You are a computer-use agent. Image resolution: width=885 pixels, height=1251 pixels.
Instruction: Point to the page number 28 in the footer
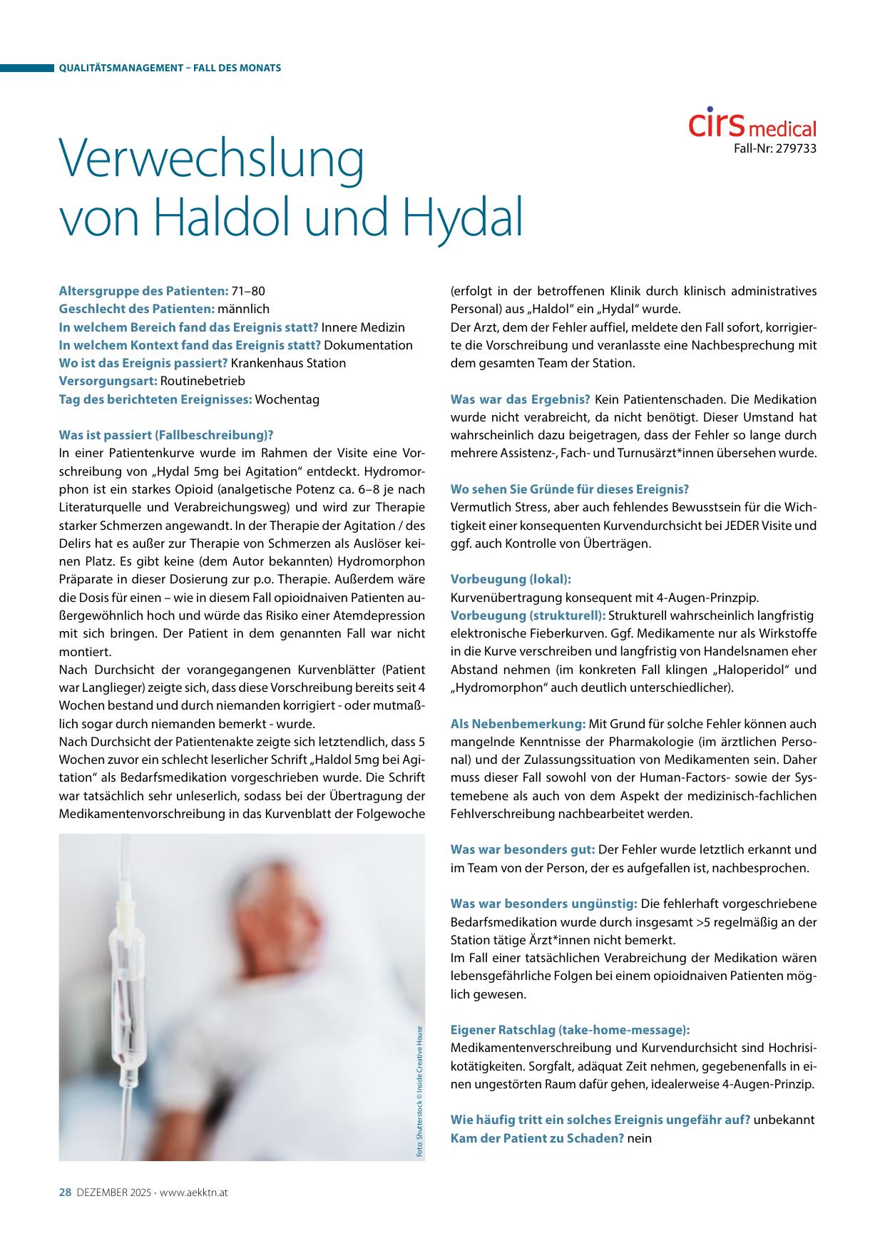(x=65, y=1192)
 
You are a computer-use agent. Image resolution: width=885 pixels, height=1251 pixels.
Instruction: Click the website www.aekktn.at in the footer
(x=193, y=1193)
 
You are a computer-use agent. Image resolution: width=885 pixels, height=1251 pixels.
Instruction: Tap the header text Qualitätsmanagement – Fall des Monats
(x=170, y=68)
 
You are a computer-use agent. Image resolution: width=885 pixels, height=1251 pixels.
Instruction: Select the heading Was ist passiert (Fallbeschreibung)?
(x=166, y=435)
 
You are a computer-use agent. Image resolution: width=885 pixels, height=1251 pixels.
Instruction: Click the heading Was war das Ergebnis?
(x=520, y=399)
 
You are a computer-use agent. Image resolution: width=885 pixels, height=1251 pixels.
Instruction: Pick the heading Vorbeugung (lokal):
(x=511, y=579)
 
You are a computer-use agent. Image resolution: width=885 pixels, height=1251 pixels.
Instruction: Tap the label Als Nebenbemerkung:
(x=518, y=724)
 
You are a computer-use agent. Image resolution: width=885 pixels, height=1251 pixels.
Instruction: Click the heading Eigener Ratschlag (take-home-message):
(x=570, y=1030)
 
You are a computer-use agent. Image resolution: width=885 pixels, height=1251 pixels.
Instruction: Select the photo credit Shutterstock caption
(x=420, y=1091)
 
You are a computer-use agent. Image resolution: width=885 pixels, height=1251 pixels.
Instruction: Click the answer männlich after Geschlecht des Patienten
(x=243, y=309)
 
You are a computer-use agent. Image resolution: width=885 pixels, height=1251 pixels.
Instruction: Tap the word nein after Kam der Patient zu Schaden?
(x=640, y=1138)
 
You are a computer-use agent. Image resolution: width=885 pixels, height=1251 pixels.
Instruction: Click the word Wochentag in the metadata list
(x=287, y=399)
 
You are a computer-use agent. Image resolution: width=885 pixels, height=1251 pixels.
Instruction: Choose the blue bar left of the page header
(x=27, y=68)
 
